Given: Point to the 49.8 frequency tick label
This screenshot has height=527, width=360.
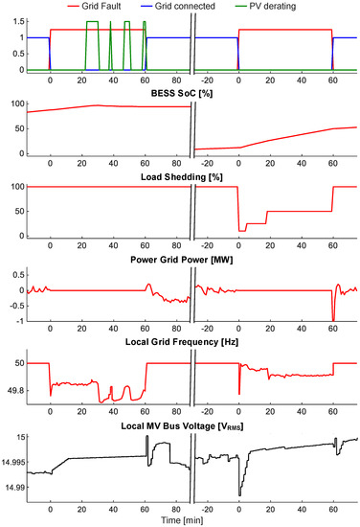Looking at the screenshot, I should click(x=13, y=391).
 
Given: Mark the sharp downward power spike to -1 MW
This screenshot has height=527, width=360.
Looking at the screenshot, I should click(x=333, y=319).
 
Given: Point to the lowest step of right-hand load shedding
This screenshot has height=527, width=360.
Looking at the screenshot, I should click(x=242, y=231).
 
